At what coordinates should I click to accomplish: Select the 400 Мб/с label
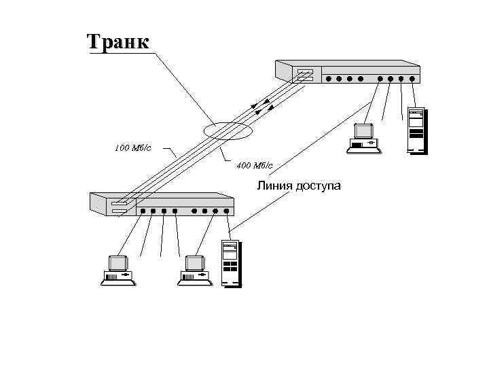click(255, 165)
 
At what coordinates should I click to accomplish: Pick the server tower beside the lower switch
click(230, 263)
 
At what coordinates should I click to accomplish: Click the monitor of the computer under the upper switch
click(364, 131)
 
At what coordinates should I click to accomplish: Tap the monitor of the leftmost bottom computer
click(118, 262)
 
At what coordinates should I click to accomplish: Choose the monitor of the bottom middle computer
click(196, 262)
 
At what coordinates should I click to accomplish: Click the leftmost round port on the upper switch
click(329, 78)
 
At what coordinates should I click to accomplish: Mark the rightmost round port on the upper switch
click(412, 78)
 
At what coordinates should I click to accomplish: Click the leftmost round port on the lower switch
click(143, 211)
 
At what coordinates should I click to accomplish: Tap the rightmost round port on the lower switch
click(226, 211)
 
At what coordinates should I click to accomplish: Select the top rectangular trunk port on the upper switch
click(304, 71)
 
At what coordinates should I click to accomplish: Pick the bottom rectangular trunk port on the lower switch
click(119, 211)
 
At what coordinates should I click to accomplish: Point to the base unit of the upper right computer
click(365, 144)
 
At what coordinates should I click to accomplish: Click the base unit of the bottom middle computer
click(195, 277)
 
